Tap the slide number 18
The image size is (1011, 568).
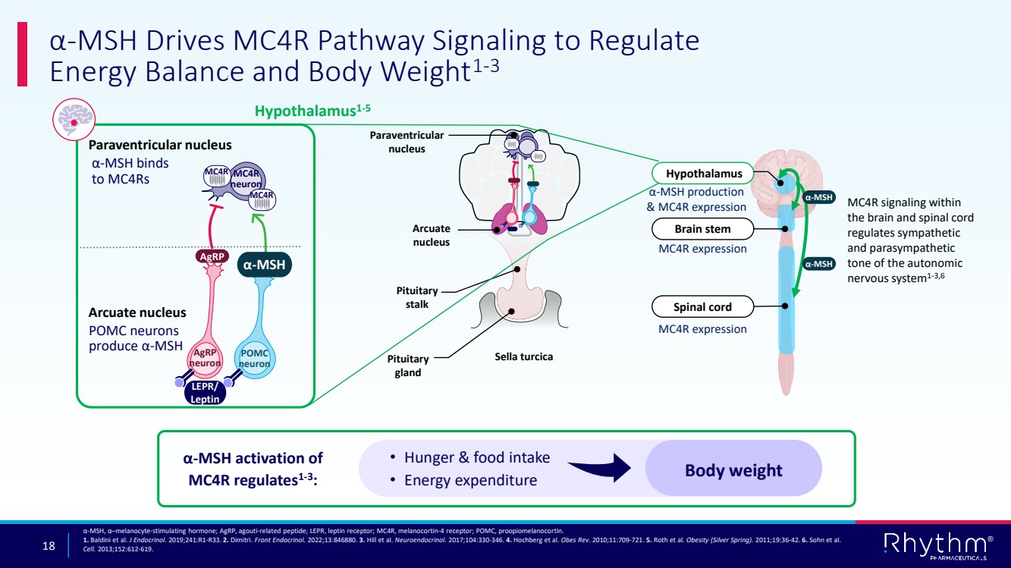(50, 546)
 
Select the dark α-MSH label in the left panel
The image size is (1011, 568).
(266, 265)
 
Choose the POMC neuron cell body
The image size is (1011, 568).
(254, 359)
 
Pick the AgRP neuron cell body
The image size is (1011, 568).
(206, 358)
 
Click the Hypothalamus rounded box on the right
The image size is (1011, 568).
(703, 174)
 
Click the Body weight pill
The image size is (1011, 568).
(733, 470)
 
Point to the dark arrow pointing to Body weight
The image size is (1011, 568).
(599, 468)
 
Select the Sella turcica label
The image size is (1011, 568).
(523, 356)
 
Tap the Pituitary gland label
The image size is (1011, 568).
(408, 366)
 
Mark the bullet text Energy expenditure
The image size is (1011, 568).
(470, 480)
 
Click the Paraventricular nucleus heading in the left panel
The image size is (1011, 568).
(160, 145)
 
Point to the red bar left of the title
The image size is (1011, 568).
(22, 54)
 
